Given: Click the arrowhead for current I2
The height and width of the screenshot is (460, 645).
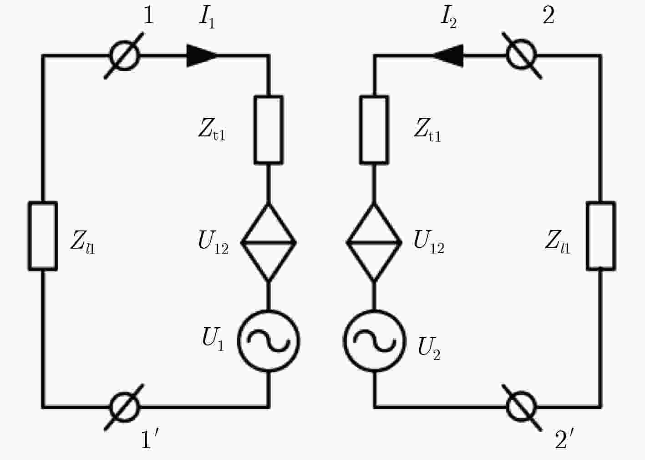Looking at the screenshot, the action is [447, 55].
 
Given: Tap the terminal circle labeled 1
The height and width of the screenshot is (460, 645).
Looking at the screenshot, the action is [125, 42].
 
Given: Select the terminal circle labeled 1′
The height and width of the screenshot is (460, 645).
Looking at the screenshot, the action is [125, 394].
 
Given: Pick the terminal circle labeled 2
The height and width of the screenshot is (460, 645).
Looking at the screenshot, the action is [522, 42].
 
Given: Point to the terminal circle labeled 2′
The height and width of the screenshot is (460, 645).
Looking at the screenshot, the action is [522, 394].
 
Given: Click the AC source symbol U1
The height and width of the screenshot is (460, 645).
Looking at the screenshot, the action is [269, 311].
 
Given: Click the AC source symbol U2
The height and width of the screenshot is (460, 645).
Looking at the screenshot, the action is [375, 311].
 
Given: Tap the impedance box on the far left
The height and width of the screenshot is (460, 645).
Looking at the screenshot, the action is [30, 236].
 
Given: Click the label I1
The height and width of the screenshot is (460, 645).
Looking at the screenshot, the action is [207, 18].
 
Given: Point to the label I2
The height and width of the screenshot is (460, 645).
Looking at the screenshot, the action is [449, 18].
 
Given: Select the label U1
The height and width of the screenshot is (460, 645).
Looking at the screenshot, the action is [213, 339].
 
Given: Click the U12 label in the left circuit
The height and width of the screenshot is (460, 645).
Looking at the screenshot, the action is [213, 242].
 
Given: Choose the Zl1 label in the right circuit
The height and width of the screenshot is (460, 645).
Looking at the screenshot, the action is [558, 242].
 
